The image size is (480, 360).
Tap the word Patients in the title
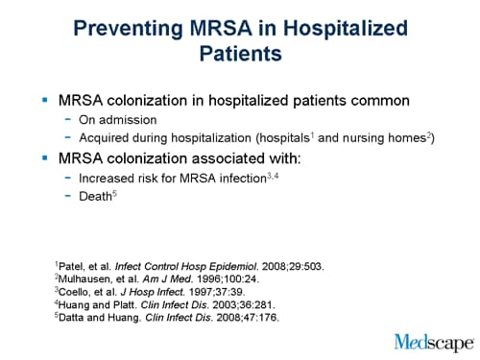(x=240, y=54)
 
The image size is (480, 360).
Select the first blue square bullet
(x=44, y=100)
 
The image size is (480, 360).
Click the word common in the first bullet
(x=371, y=100)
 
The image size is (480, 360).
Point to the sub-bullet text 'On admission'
(x=120, y=120)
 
